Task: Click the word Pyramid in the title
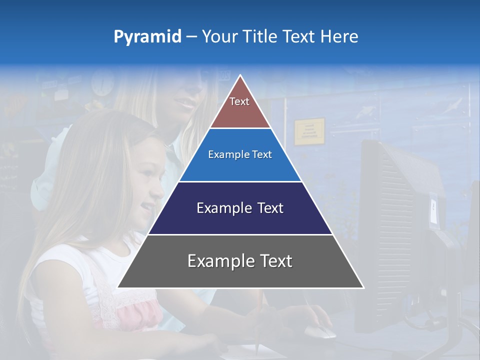tap(147, 37)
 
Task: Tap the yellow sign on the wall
tap(309, 131)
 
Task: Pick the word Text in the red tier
tap(239, 101)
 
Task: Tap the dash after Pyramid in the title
tap(191, 37)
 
